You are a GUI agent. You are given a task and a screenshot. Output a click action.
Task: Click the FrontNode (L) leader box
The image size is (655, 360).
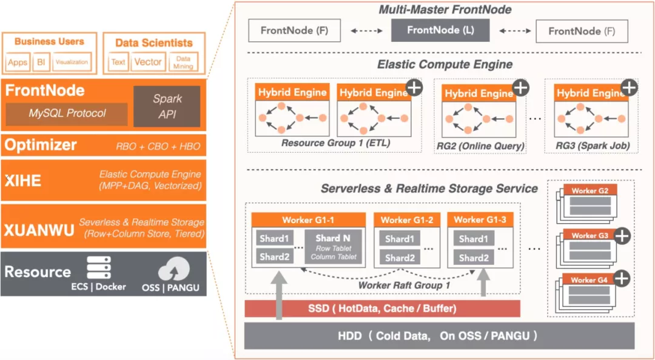pyautogui.click(x=440, y=30)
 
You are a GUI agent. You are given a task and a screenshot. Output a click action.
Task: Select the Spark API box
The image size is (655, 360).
pyautogui.click(x=167, y=106)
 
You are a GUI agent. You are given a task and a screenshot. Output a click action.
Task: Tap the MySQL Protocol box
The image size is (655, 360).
pyautogui.click(x=67, y=113)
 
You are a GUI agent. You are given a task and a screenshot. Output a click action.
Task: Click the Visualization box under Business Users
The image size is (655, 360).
pyautogui.click(x=71, y=62)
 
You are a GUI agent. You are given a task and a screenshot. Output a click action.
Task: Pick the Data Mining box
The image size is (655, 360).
pyautogui.click(x=183, y=62)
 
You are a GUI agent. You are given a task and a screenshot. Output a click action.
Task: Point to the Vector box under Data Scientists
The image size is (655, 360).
pyautogui.click(x=148, y=62)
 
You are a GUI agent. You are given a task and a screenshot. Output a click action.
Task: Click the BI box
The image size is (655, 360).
pyautogui.click(x=41, y=62)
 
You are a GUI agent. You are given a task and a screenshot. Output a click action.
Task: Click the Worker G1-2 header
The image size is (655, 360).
pyautogui.click(x=406, y=219)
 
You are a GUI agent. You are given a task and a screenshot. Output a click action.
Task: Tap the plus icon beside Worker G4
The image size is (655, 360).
pyautogui.click(x=622, y=278)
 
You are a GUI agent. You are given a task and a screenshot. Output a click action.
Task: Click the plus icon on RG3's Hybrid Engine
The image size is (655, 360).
pyautogui.click(x=629, y=88)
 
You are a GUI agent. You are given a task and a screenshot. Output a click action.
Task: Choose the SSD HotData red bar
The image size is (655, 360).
pyautogui.click(x=382, y=308)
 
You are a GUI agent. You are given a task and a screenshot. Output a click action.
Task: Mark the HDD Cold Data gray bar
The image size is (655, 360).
pyautogui.click(x=439, y=336)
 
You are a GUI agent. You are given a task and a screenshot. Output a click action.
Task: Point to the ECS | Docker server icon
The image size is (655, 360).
pyautogui.click(x=98, y=267)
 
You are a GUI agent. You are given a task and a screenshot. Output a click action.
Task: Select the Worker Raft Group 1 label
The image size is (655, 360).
pyautogui.click(x=404, y=285)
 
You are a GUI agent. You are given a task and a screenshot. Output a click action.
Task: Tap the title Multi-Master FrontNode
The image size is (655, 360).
pyautogui.click(x=445, y=10)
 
